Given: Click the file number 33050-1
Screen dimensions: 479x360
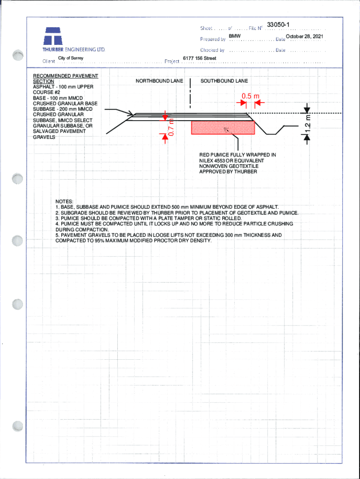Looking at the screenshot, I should click(279, 24).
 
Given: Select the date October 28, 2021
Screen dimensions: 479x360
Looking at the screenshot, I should click(304, 36).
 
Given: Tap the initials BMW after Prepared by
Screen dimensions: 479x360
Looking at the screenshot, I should click(235, 36).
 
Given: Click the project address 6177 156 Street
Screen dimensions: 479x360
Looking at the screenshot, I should click(199, 58).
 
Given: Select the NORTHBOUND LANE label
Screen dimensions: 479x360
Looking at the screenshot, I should click(159, 81).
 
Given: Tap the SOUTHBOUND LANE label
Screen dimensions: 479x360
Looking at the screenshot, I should click(224, 81).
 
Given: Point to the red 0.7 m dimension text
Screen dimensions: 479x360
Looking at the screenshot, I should click(171, 128).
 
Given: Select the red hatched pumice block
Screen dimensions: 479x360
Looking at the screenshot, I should click(223, 127).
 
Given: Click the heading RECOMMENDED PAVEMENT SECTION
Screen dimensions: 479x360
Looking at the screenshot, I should click(65, 78).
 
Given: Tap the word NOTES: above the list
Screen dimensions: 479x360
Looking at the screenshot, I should click(64, 201).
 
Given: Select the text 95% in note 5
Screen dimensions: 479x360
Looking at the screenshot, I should click(101, 241).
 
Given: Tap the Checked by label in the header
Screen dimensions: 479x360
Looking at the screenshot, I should click(213, 50).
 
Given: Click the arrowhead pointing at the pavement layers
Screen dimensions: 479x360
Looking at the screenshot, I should click(130, 113).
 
